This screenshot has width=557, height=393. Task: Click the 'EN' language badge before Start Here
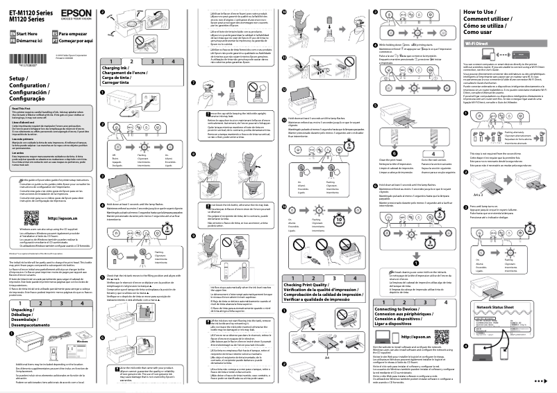(x=12, y=33)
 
